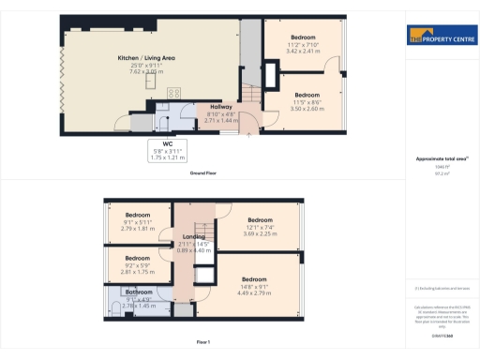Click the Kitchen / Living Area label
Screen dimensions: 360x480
click(x=147, y=64)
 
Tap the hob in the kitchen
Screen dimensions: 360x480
click(x=174, y=92)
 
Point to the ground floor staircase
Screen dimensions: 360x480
click(x=249, y=94)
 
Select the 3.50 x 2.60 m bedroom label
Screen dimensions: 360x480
click(x=307, y=102)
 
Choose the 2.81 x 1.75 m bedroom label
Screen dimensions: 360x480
click(x=138, y=263)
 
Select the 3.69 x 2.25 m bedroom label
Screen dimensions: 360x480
click(x=260, y=226)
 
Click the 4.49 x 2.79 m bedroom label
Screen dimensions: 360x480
click(x=254, y=285)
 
